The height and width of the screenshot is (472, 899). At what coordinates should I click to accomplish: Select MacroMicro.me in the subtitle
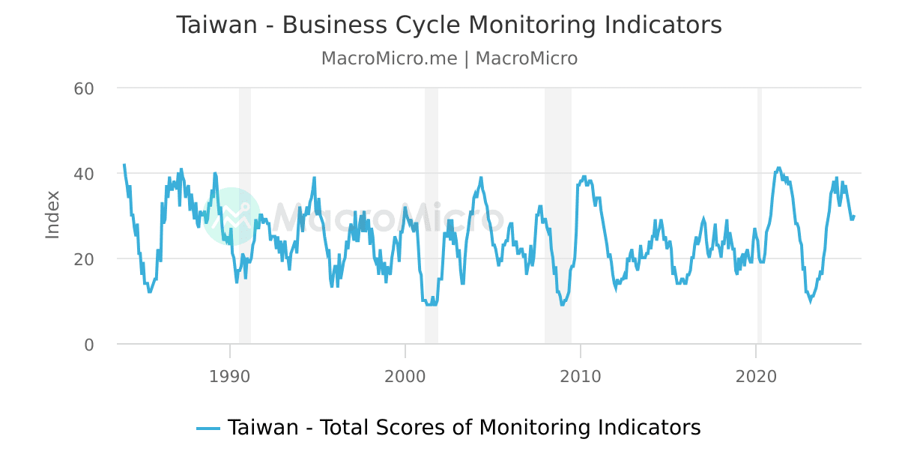389,58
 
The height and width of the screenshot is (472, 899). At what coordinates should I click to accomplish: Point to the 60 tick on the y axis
83,88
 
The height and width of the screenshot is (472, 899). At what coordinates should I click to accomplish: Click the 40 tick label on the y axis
83,174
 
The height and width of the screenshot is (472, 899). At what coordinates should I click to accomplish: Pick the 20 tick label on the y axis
83,259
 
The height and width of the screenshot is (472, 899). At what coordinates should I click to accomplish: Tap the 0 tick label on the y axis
88,345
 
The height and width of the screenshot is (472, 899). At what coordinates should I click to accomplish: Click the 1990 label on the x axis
229,376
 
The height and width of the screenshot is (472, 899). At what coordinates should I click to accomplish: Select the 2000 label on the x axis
405,376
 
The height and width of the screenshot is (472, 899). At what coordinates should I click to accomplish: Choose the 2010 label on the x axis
581,376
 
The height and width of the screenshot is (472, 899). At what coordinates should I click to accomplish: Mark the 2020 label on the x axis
757,376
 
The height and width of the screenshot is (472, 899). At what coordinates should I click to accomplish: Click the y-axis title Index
52,215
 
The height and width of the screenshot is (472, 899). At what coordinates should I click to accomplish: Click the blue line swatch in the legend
208,429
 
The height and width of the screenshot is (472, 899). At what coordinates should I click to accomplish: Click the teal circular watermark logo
231,217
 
